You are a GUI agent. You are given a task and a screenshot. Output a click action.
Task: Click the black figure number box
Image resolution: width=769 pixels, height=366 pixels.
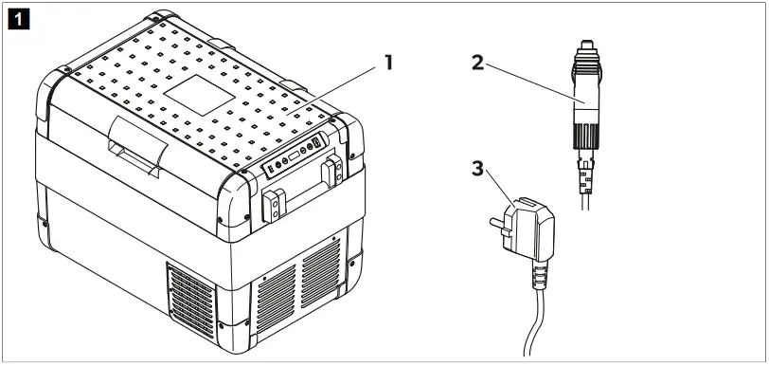(x=19, y=19)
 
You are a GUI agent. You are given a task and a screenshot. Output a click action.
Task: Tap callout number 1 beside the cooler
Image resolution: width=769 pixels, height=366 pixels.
(x=388, y=63)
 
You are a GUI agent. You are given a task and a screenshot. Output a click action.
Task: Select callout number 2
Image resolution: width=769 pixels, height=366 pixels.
(x=477, y=63)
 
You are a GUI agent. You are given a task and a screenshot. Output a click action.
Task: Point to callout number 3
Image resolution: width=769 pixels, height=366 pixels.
(x=477, y=169)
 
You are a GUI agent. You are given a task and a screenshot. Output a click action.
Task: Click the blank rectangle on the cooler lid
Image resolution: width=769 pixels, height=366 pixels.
(x=199, y=96)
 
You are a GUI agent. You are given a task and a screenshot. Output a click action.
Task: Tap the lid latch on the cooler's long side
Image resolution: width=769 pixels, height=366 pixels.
(x=138, y=147)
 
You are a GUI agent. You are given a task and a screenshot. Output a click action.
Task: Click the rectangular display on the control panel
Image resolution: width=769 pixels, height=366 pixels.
(x=294, y=156)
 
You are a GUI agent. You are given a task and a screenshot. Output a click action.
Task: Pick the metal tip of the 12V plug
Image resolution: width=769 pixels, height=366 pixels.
(x=586, y=46)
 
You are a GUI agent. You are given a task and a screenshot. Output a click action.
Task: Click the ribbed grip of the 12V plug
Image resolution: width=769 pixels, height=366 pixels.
(x=586, y=136)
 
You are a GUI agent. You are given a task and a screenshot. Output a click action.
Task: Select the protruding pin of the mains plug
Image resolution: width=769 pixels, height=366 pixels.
(x=496, y=223)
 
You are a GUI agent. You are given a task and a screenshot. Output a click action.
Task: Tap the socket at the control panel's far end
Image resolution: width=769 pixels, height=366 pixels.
(x=316, y=143)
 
